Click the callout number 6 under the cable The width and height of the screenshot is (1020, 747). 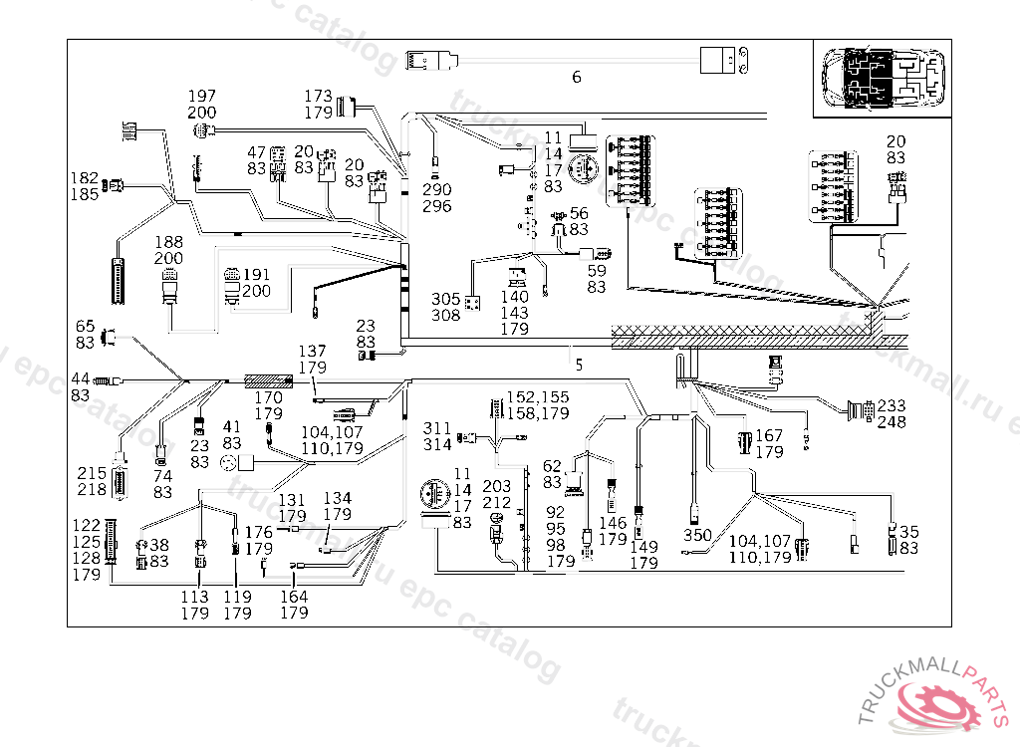[x=577, y=78]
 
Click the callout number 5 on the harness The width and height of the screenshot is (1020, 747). [x=579, y=365]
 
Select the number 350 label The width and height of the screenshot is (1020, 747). [x=697, y=535]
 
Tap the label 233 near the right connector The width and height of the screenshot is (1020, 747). [x=892, y=405]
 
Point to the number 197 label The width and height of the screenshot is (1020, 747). [x=202, y=96]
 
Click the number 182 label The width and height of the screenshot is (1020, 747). [x=85, y=178]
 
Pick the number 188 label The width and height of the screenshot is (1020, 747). [x=168, y=242]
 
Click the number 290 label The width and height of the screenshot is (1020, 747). [x=437, y=189]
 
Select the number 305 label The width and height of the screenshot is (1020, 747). [x=446, y=299]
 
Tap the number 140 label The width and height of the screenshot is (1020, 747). [x=515, y=297]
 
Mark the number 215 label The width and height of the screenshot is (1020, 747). [x=92, y=473]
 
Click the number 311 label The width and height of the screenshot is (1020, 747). [x=438, y=427]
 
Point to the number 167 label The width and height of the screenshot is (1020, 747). [x=768, y=435]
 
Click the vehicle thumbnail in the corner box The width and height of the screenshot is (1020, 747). [x=882, y=78]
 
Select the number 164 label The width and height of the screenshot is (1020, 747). [x=294, y=597]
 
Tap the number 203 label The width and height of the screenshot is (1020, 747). [x=497, y=486]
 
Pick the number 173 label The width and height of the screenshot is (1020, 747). [x=319, y=96]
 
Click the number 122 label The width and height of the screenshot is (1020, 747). [x=86, y=525]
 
